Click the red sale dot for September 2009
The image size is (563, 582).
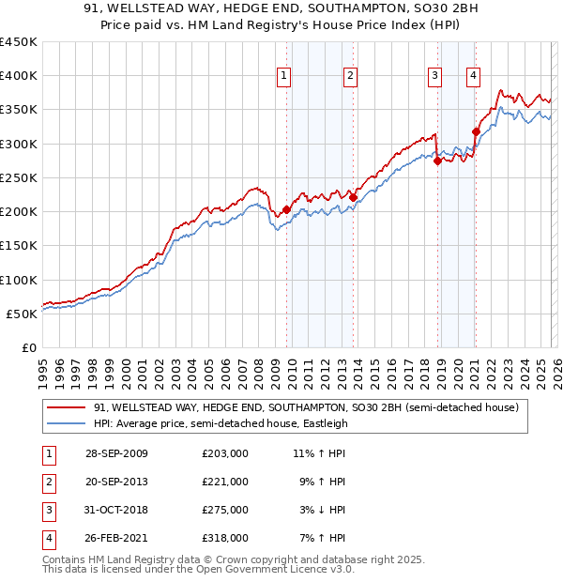pyautogui.click(x=286, y=209)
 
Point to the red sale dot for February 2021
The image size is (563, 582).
pyautogui.click(x=476, y=131)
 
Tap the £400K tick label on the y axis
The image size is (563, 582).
pyautogui.click(x=19, y=76)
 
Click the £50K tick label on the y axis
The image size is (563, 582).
pyautogui.click(x=23, y=314)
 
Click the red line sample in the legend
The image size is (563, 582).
pyautogui.click(x=66, y=407)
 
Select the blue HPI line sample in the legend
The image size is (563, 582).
pyautogui.click(x=66, y=423)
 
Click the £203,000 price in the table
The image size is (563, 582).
pyautogui.click(x=224, y=453)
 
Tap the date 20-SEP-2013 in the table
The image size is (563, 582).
pyautogui.click(x=116, y=482)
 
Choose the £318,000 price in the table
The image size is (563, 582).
pyautogui.click(x=224, y=538)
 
